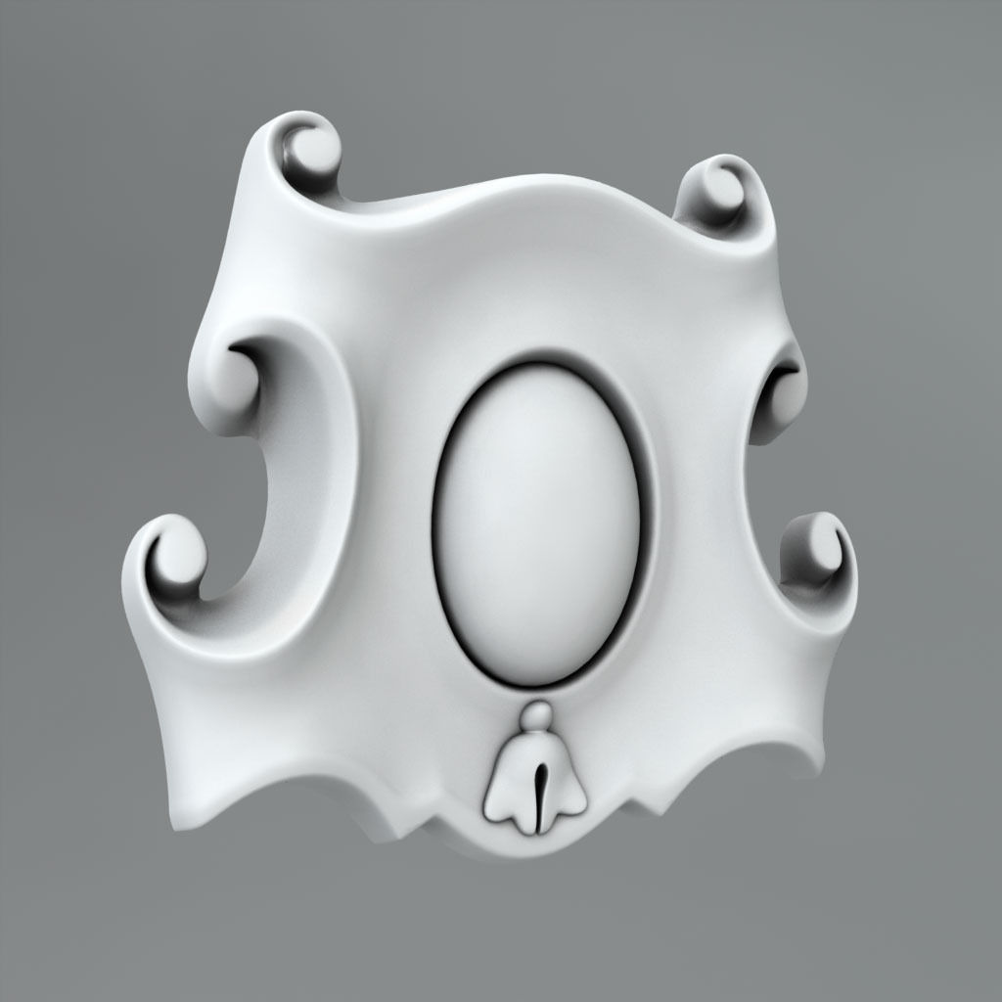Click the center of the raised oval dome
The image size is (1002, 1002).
[x=536, y=524]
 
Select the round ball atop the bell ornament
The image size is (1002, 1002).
[x=535, y=718]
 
